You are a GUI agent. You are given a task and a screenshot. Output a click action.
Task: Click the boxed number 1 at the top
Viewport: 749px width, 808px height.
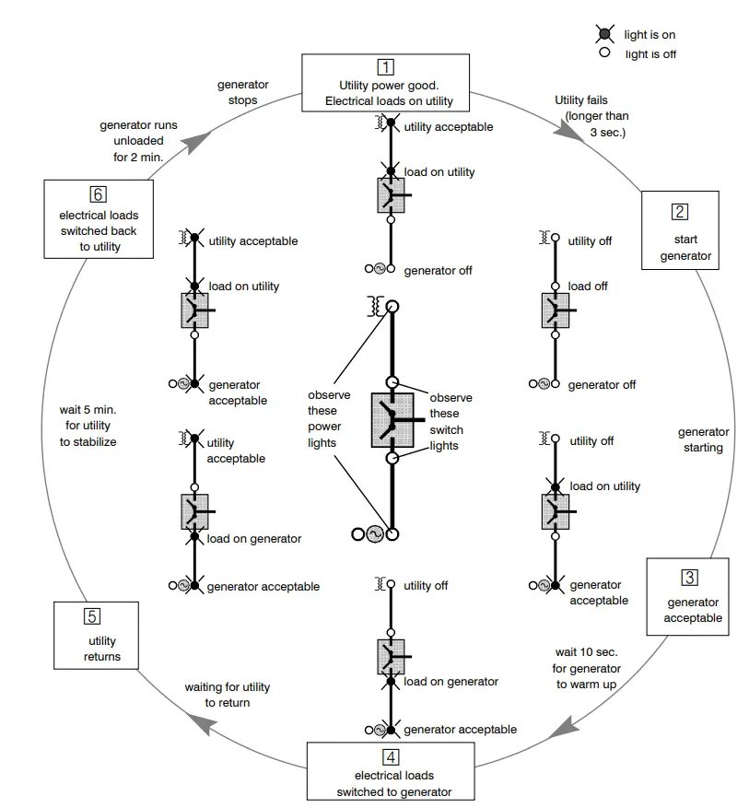[x=386, y=66]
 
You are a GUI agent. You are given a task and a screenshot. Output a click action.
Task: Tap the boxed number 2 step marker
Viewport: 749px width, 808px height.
[x=679, y=211]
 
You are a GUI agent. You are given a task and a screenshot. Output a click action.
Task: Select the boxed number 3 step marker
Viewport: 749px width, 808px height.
[x=689, y=578]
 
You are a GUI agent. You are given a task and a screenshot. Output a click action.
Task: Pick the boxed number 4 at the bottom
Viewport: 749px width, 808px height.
[x=392, y=757]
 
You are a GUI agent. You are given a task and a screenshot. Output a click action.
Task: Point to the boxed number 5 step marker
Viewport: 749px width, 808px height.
[x=90, y=616]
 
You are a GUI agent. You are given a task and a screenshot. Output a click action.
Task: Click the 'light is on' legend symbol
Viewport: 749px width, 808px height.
[x=604, y=34]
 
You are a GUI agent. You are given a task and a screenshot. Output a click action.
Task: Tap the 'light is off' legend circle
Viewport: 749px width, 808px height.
[x=604, y=53]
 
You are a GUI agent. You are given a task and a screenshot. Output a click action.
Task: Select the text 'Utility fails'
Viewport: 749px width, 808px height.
[x=581, y=100]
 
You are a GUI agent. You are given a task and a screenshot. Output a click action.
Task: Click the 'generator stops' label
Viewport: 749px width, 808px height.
[x=242, y=92]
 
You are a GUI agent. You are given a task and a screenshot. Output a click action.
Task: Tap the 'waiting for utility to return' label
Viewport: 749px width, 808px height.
[x=226, y=695]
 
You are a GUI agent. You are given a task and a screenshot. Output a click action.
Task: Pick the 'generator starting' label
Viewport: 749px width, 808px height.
[x=703, y=439]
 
